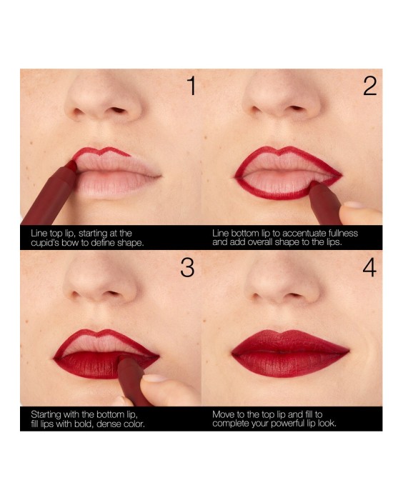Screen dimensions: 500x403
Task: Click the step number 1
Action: click(189, 86)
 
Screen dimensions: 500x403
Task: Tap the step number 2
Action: click(369, 86)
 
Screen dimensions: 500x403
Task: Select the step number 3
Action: click(187, 268)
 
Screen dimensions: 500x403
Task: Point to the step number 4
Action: click(369, 268)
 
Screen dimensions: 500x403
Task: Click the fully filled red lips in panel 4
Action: click(289, 354)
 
